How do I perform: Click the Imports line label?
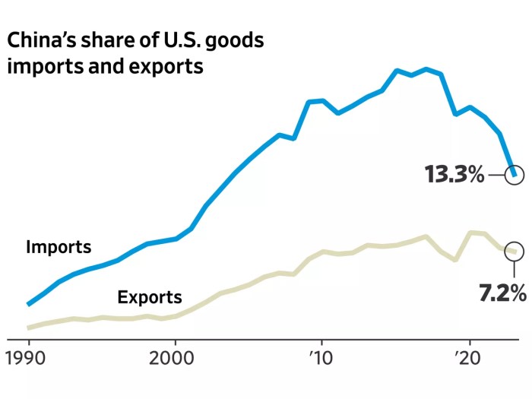59,247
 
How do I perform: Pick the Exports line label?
150,297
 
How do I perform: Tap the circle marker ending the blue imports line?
515,176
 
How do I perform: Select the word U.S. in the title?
172,40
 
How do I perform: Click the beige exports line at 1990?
29,328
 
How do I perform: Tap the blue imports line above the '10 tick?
322,101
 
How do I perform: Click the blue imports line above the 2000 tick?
176,239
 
